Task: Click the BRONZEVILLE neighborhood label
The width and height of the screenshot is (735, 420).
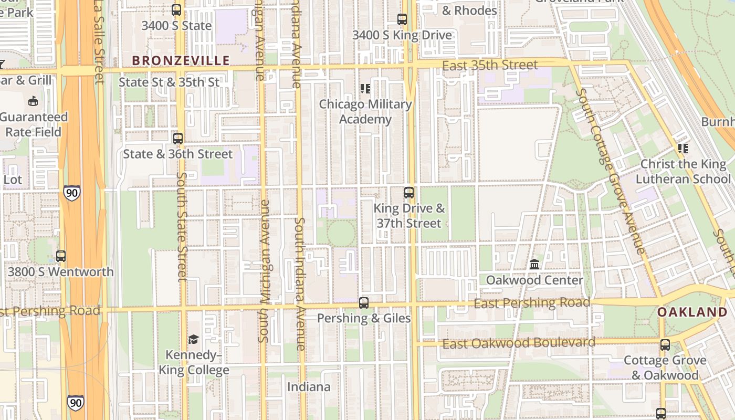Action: click(181, 61)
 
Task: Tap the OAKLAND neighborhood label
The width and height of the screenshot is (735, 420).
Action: click(692, 312)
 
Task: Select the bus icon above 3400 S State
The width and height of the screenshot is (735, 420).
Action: click(176, 10)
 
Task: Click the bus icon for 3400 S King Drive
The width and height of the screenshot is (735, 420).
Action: click(402, 20)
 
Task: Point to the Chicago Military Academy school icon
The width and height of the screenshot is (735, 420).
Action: click(365, 89)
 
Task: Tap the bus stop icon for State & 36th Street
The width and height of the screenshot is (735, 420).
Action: click(178, 139)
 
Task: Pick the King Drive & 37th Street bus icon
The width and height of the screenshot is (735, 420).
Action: click(409, 193)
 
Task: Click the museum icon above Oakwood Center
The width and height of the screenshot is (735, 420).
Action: click(534, 264)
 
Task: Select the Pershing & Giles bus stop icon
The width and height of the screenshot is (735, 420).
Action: click(364, 303)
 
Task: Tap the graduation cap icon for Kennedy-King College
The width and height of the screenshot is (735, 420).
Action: click(194, 340)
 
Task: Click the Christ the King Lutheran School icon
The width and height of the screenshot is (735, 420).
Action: click(683, 149)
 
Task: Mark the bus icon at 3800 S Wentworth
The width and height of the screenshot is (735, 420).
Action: click(61, 256)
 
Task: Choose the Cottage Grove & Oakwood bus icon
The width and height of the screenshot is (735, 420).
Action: click(665, 345)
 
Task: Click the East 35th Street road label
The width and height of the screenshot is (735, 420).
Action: click(490, 66)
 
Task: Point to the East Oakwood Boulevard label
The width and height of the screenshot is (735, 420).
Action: click(519, 343)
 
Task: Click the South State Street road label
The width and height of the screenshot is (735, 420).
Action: click(182, 226)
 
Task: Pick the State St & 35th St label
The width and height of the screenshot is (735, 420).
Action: click(169, 82)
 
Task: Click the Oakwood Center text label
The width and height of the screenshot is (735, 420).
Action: click(534, 280)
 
